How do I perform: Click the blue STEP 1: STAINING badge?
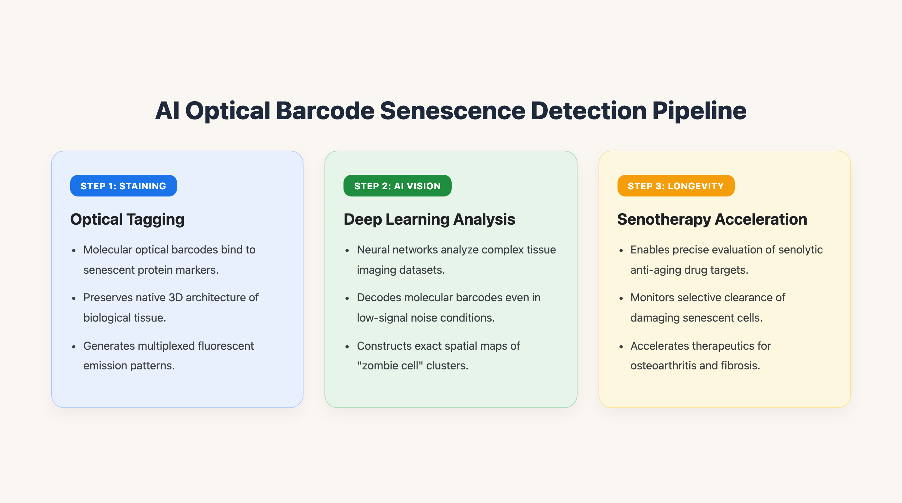[x=123, y=186]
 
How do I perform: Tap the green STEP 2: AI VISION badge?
[x=398, y=186]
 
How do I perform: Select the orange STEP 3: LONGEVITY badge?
[x=676, y=186]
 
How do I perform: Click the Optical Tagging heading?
[x=127, y=220]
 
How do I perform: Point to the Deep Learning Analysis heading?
[x=429, y=220]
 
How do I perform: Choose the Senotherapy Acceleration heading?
[x=712, y=220]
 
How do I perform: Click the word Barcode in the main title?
[x=325, y=111]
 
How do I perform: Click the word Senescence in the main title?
[x=452, y=111]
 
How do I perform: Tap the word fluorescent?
[x=226, y=345]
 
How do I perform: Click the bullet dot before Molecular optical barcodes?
[x=74, y=251]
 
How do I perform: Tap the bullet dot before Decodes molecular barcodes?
[x=347, y=298]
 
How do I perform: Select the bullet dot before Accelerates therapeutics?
[x=621, y=347]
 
